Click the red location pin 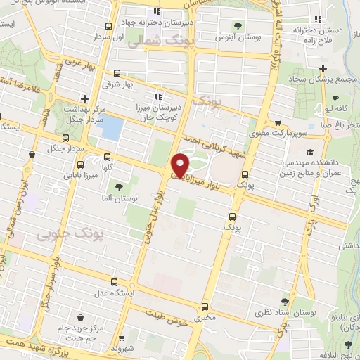coord(181,165)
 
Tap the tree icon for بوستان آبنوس coord(239,26)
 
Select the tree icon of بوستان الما coord(118,186)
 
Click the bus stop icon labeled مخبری coord(205,306)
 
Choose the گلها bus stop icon coord(107,157)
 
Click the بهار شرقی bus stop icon coord(117,73)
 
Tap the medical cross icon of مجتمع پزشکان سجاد coord(323,68)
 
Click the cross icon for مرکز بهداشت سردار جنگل coord(84,98)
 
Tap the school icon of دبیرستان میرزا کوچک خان coord(159,95)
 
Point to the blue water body coord(112,127)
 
